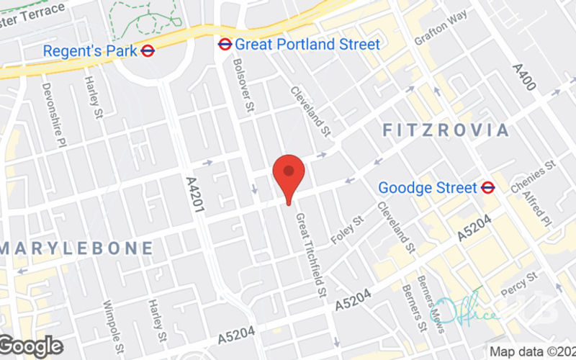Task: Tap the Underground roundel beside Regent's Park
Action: pos(148,50)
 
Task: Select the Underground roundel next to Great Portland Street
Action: pos(225,45)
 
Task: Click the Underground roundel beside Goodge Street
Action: pos(488,188)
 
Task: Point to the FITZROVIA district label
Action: pos(446,130)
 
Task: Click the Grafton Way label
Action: pos(441,27)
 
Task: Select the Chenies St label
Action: pos(534,176)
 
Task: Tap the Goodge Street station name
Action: pos(428,188)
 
